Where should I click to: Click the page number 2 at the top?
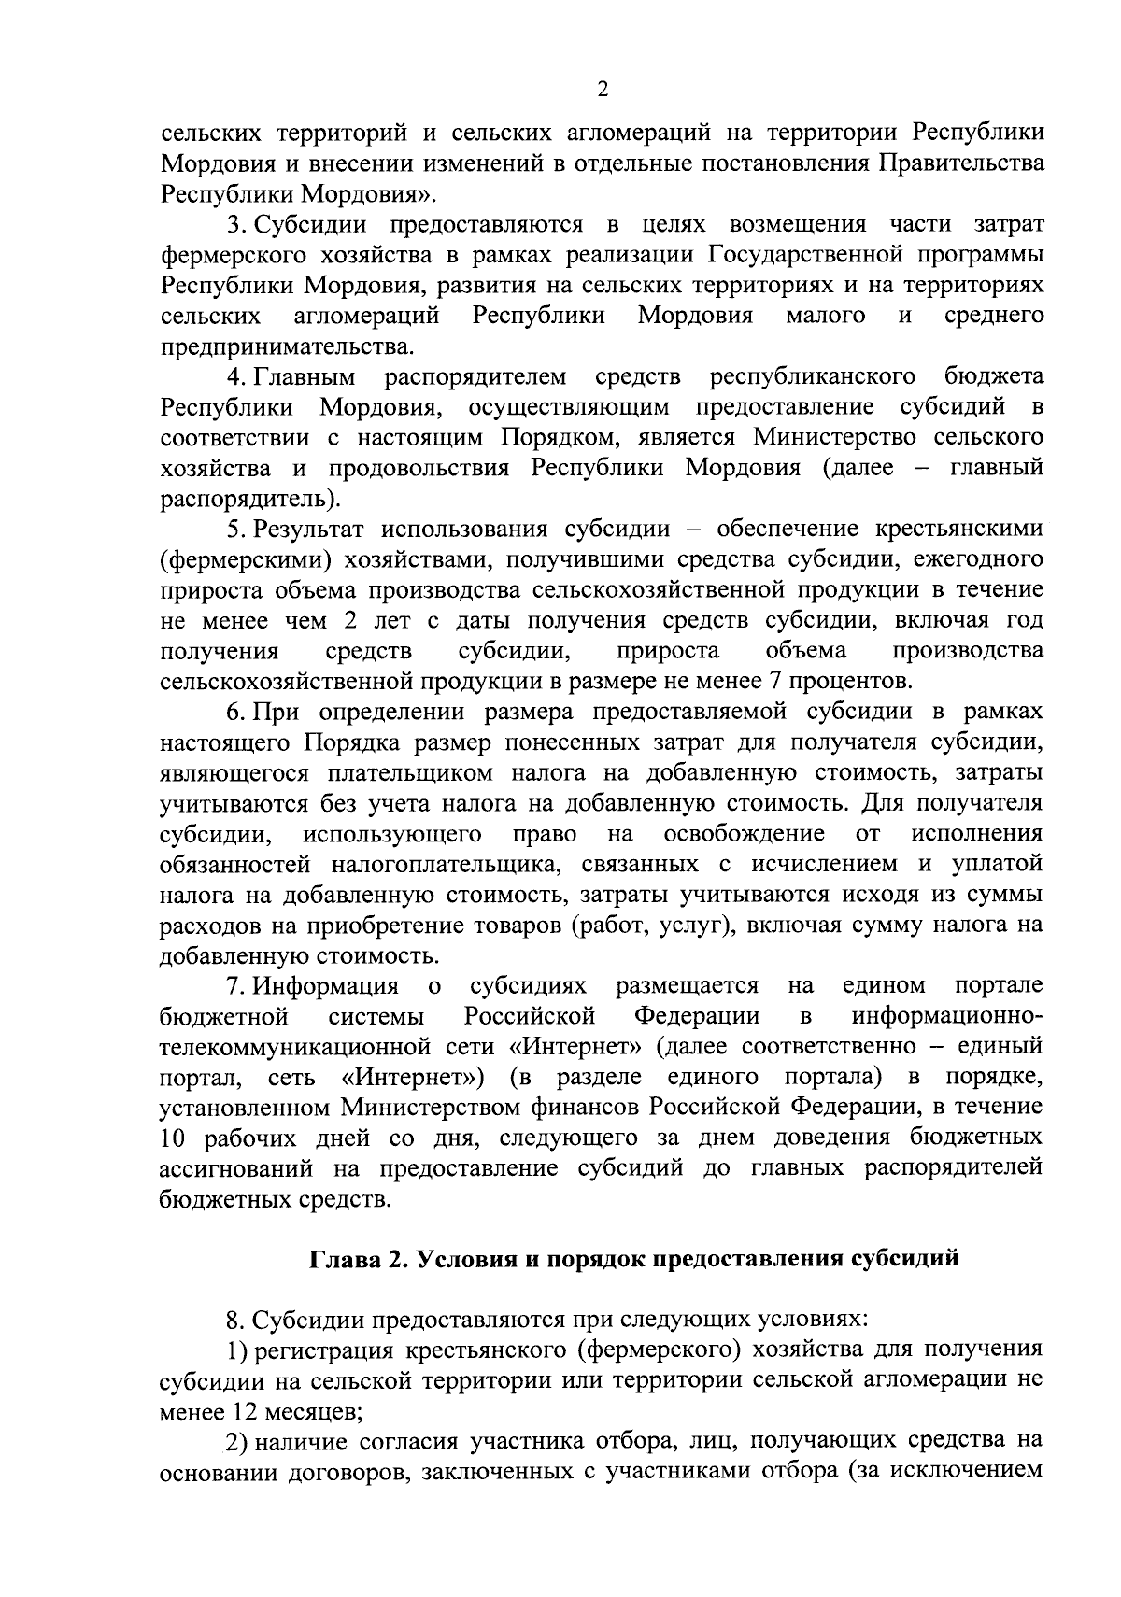click(602, 89)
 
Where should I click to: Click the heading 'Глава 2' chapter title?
click(634, 1258)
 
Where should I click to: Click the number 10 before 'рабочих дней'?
click(175, 1139)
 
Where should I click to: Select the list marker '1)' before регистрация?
click(237, 1350)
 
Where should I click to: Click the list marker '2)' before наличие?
click(237, 1443)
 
